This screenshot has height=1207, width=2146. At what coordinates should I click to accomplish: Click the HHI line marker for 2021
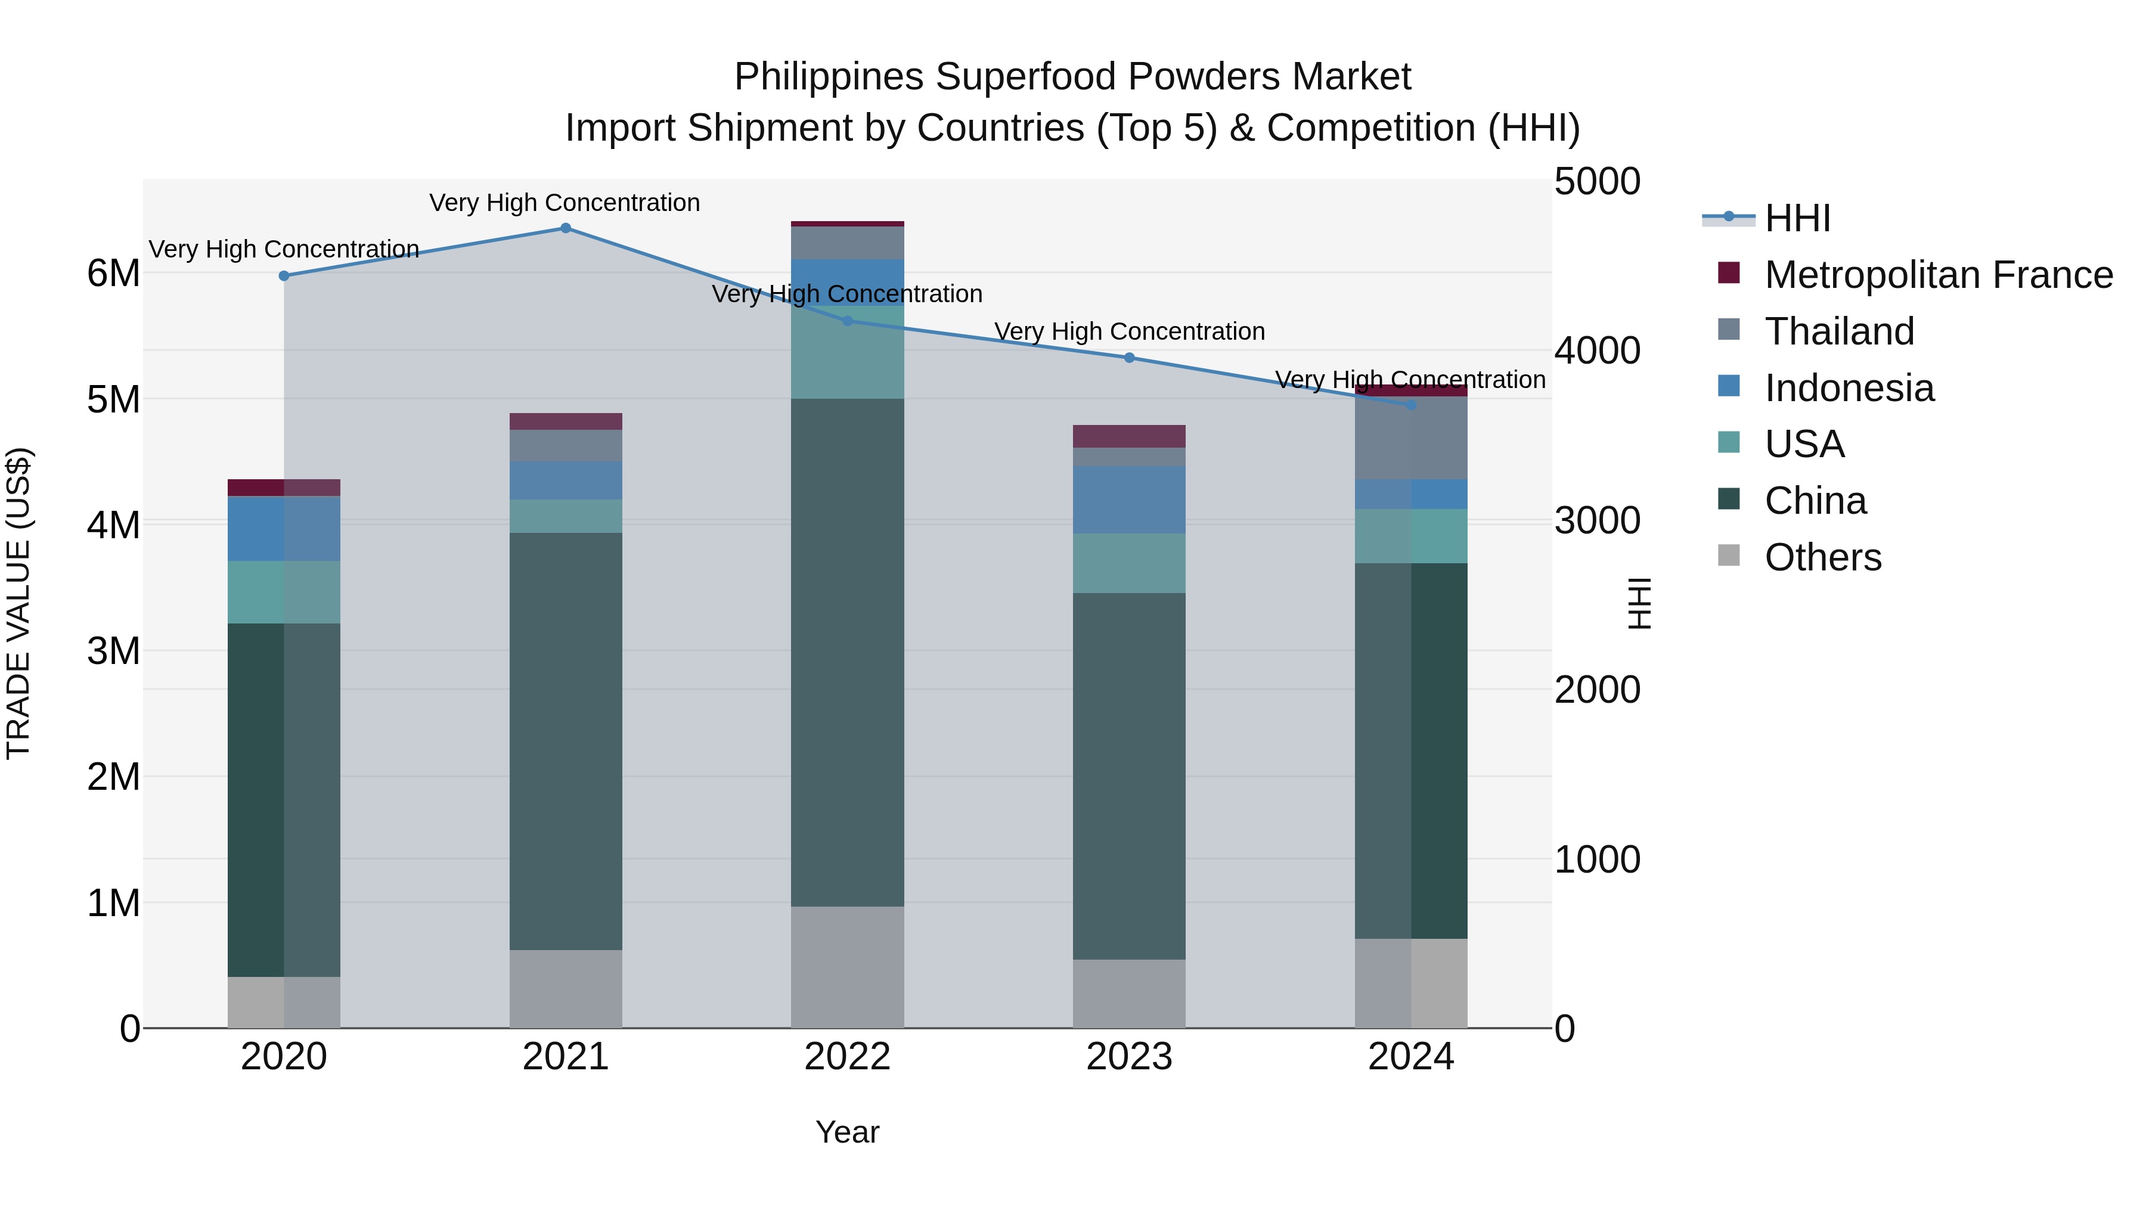point(566,228)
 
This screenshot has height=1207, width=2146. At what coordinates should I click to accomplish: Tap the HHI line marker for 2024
point(1411,405)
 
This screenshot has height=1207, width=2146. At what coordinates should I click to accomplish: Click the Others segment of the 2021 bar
point(566,989)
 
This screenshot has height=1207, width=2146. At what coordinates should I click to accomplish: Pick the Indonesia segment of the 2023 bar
point(1129,500)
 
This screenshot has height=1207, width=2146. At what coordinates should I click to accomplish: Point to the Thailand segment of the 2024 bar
point(1411,438)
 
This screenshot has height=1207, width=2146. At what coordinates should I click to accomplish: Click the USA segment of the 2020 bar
point(283,592)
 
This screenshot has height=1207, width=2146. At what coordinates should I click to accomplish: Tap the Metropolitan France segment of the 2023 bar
point(1129,436)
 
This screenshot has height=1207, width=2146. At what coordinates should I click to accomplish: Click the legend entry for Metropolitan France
point(1938,275)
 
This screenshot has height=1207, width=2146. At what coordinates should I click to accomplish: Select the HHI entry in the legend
point(1797,218)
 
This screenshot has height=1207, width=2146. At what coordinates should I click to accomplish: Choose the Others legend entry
point(1822,557)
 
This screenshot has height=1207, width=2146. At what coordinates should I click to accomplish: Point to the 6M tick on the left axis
point(113,273)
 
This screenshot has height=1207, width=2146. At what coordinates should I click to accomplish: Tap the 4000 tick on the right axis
point(1597,350)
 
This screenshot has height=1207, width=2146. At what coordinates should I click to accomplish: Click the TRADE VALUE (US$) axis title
point(18,603)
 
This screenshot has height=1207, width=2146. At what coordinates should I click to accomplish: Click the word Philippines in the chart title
point(829,77)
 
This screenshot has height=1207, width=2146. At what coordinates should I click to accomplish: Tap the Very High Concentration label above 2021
point(565,203)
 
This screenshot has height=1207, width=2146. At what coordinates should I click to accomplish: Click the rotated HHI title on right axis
point(1639,603)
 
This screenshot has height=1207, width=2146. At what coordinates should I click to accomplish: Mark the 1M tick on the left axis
point(113,903)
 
